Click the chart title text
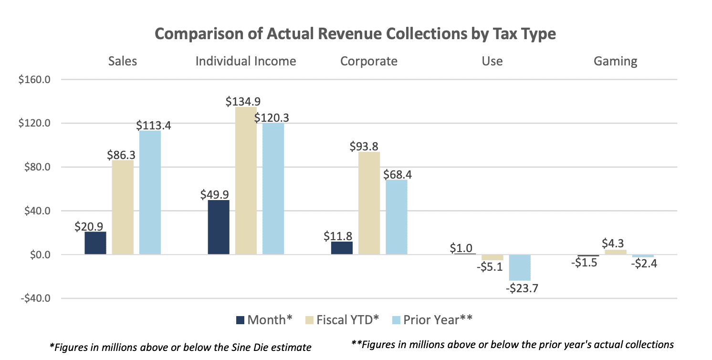coord(356,35)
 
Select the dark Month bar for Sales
coord(95,243)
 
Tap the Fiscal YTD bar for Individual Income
coord(246,181)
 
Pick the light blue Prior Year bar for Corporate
coord(397,217)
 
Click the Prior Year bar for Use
coord(520,267)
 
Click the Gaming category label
coord(616,61)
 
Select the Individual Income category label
coord(246,61)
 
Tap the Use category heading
coord(492,61)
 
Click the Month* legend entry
coord(264,320)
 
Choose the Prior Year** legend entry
coord(432,320)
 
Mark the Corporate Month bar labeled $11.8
coord(342,248)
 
